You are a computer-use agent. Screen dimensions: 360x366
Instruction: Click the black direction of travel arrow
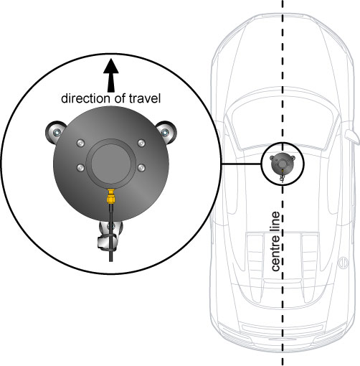pyautogui.click(x=111, y=75)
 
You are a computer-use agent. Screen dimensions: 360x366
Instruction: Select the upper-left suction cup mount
pyautogui.click(x=55, y=132)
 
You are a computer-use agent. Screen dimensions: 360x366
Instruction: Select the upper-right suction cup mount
pyautogui.click(x=166, y=132)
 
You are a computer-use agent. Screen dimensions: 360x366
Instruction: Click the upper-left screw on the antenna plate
pyautogui.click(x=81, y=144)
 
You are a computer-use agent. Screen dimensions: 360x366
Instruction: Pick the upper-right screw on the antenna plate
pyautogui.click(x=141, y=144)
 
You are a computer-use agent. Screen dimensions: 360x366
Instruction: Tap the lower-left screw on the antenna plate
pyautogui.click(x=81, y=167)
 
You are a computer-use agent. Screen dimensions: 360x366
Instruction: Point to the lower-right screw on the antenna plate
pyautogui.click(x=141, y=167)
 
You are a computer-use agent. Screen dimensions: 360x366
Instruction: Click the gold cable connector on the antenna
pyautogui.click(x=110, y=197)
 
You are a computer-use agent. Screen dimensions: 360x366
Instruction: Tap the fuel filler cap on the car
pyautogui.click(x=343, y=263)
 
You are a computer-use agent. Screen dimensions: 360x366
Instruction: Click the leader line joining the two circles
pyautogui.click(x=241, y=164)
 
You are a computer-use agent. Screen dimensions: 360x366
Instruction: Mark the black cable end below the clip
pyautogui.click(x=110, y=256)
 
